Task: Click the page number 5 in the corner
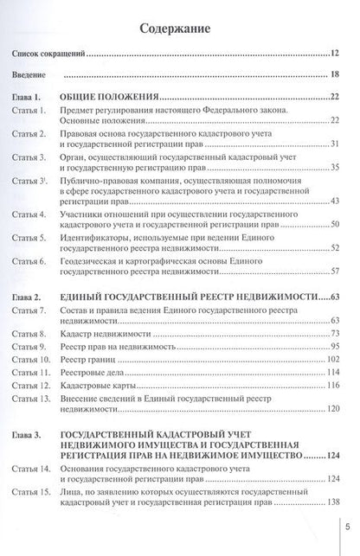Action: click(x=346, y=521)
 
